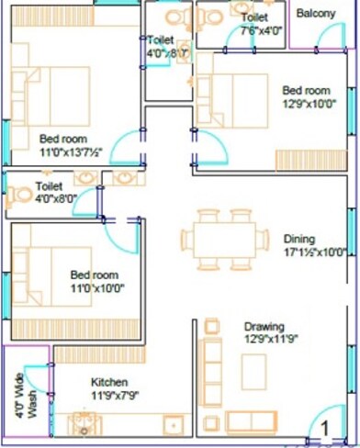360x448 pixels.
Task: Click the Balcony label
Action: pos(316,14)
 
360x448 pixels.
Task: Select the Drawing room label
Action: pos(264,326)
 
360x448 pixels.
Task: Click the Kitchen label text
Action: pos(108,382)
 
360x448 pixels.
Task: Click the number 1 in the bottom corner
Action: pos(324,426)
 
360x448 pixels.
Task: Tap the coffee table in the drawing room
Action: pos(253,372)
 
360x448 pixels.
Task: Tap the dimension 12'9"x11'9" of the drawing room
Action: pos(264,340)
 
